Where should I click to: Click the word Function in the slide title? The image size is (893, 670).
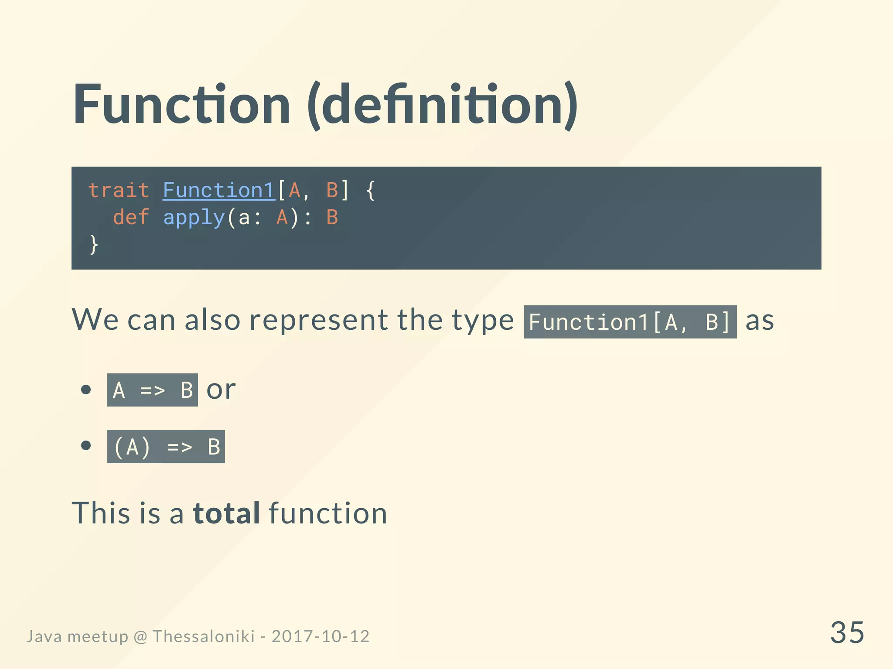point(181,105)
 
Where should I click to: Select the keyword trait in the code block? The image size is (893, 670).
point(119,191)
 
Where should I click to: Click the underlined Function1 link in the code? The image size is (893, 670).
point(219,191)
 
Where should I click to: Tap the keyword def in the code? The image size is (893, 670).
point(131,217)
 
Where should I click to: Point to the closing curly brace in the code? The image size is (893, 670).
point(94,244)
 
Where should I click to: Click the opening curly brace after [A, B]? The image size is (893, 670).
point(370,191)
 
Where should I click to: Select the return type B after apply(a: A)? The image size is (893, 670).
point(332,217)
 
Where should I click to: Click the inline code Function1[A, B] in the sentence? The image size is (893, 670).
point(630,322)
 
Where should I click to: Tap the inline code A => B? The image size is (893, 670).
point(153,390)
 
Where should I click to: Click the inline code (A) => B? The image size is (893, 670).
point(166,447)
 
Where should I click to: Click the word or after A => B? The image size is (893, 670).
point(221,390)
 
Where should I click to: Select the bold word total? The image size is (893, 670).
point(227,513)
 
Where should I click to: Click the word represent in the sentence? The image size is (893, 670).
point(318,320)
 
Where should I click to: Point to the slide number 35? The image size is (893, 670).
point(847,632)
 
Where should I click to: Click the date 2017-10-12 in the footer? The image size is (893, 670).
point(320,636)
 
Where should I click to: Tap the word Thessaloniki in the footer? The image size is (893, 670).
point(204,636)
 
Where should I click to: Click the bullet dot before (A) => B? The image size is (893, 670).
point(86,445)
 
